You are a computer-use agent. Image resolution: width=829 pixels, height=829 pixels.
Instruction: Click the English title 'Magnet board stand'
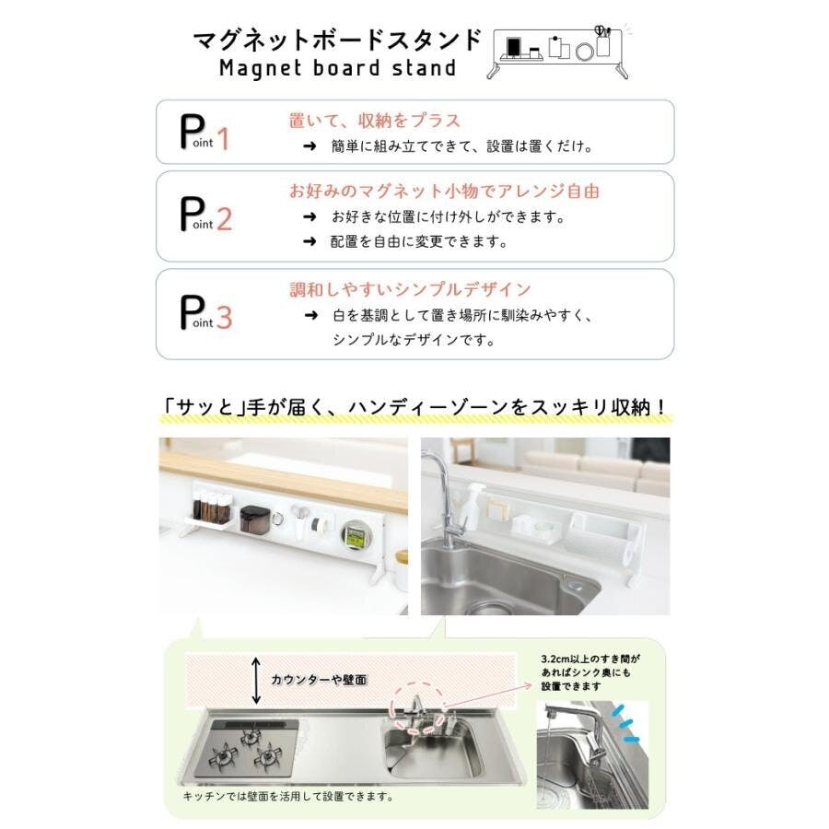coord(337,68)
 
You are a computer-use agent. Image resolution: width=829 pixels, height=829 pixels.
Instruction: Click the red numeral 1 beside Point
coord(223,139)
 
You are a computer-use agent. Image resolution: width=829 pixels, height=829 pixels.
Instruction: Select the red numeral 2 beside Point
coord(224,219)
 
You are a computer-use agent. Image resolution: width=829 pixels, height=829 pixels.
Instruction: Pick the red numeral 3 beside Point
coord(224,318)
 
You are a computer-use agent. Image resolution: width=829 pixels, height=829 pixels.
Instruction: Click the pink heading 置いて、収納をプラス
coord(374,121)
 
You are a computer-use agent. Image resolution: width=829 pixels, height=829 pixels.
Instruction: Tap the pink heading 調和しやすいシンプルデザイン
coord(410,290)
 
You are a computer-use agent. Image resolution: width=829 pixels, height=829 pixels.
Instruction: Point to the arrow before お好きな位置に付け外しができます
coord(309,216)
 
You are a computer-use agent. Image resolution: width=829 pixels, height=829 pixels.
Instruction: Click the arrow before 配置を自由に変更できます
coord(309,241)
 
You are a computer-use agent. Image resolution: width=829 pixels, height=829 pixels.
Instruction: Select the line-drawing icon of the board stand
coord(558,52)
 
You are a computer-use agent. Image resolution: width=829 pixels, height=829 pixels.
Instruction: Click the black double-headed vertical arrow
coord(256,681)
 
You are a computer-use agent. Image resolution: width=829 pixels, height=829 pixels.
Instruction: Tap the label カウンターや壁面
coord(319,680)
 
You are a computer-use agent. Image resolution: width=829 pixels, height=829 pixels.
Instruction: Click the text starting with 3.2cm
coord(590,672)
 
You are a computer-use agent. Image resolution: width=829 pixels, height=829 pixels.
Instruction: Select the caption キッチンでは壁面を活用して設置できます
coord(288,796)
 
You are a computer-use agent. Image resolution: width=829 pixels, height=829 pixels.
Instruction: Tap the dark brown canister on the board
coord(255,520)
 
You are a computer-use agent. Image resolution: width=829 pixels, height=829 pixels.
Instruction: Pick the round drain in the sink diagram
coord(401,758)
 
